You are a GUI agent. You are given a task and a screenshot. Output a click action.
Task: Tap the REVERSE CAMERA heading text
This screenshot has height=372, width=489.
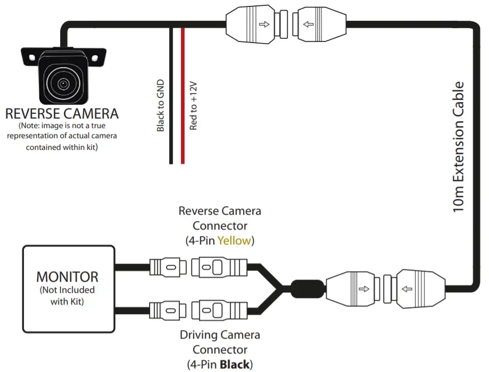62,114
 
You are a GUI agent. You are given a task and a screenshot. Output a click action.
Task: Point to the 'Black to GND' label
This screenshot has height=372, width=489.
161,106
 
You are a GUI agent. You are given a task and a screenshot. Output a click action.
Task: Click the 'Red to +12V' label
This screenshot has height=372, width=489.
194,106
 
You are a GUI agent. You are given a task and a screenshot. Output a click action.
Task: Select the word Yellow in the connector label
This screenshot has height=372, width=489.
234,241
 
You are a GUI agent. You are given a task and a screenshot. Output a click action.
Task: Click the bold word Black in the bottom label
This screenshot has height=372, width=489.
234,365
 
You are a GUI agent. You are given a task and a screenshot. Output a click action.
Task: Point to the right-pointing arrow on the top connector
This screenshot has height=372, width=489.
262,24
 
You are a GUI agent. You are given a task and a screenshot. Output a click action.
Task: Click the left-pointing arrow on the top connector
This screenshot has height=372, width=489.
309,24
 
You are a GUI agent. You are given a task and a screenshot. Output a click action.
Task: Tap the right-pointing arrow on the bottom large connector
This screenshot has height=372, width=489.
363,290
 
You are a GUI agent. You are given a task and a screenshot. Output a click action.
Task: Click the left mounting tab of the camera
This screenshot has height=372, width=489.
29,55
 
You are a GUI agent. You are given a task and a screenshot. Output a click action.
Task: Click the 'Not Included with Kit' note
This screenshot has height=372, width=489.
68,295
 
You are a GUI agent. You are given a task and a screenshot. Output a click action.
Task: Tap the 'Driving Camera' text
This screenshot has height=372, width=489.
220,335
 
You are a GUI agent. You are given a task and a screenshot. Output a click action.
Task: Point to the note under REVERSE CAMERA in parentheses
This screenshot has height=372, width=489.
62,137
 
